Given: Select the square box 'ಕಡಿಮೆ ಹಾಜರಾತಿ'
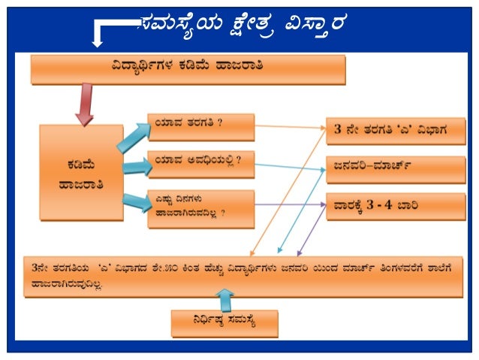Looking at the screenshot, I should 81,172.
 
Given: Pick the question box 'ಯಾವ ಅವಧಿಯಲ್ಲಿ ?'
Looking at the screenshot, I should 201,160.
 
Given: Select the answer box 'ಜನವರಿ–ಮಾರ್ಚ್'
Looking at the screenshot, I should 395,169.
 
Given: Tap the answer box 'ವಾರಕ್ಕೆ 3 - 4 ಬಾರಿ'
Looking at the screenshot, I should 395,204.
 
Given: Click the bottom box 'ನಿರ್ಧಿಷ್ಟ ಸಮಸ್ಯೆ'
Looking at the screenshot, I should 224,323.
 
